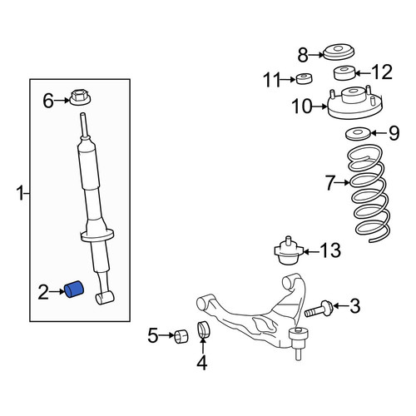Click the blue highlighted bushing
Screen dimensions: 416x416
click(x=74, y=290)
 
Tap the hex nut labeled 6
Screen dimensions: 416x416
click(x=80, y=97)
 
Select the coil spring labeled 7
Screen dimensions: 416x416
click(x=368, y=192)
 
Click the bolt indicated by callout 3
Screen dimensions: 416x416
click(x=319, y=309)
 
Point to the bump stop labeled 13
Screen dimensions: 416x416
click(x=289, y=250)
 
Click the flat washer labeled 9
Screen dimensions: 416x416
click(x=358, y=134)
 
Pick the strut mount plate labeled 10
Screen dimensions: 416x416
click(x=354, y=103)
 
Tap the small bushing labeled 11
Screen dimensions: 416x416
click(x=304, y=78)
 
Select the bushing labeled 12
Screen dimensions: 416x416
click(x=344, y=72)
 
